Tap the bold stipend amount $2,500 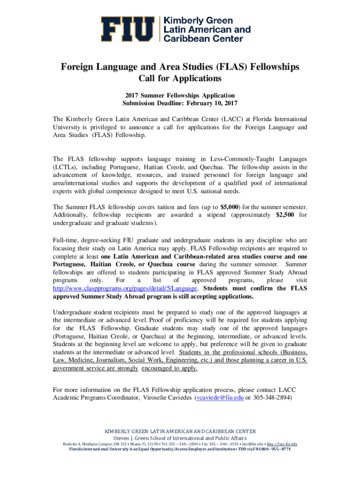tap(286, 215)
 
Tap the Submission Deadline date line tap(180, 103)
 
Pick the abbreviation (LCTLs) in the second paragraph tap(66, 167)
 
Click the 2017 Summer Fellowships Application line tap(180, 94)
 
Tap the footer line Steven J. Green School tap(180, 437)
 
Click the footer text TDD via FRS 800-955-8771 tap(266, 450)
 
